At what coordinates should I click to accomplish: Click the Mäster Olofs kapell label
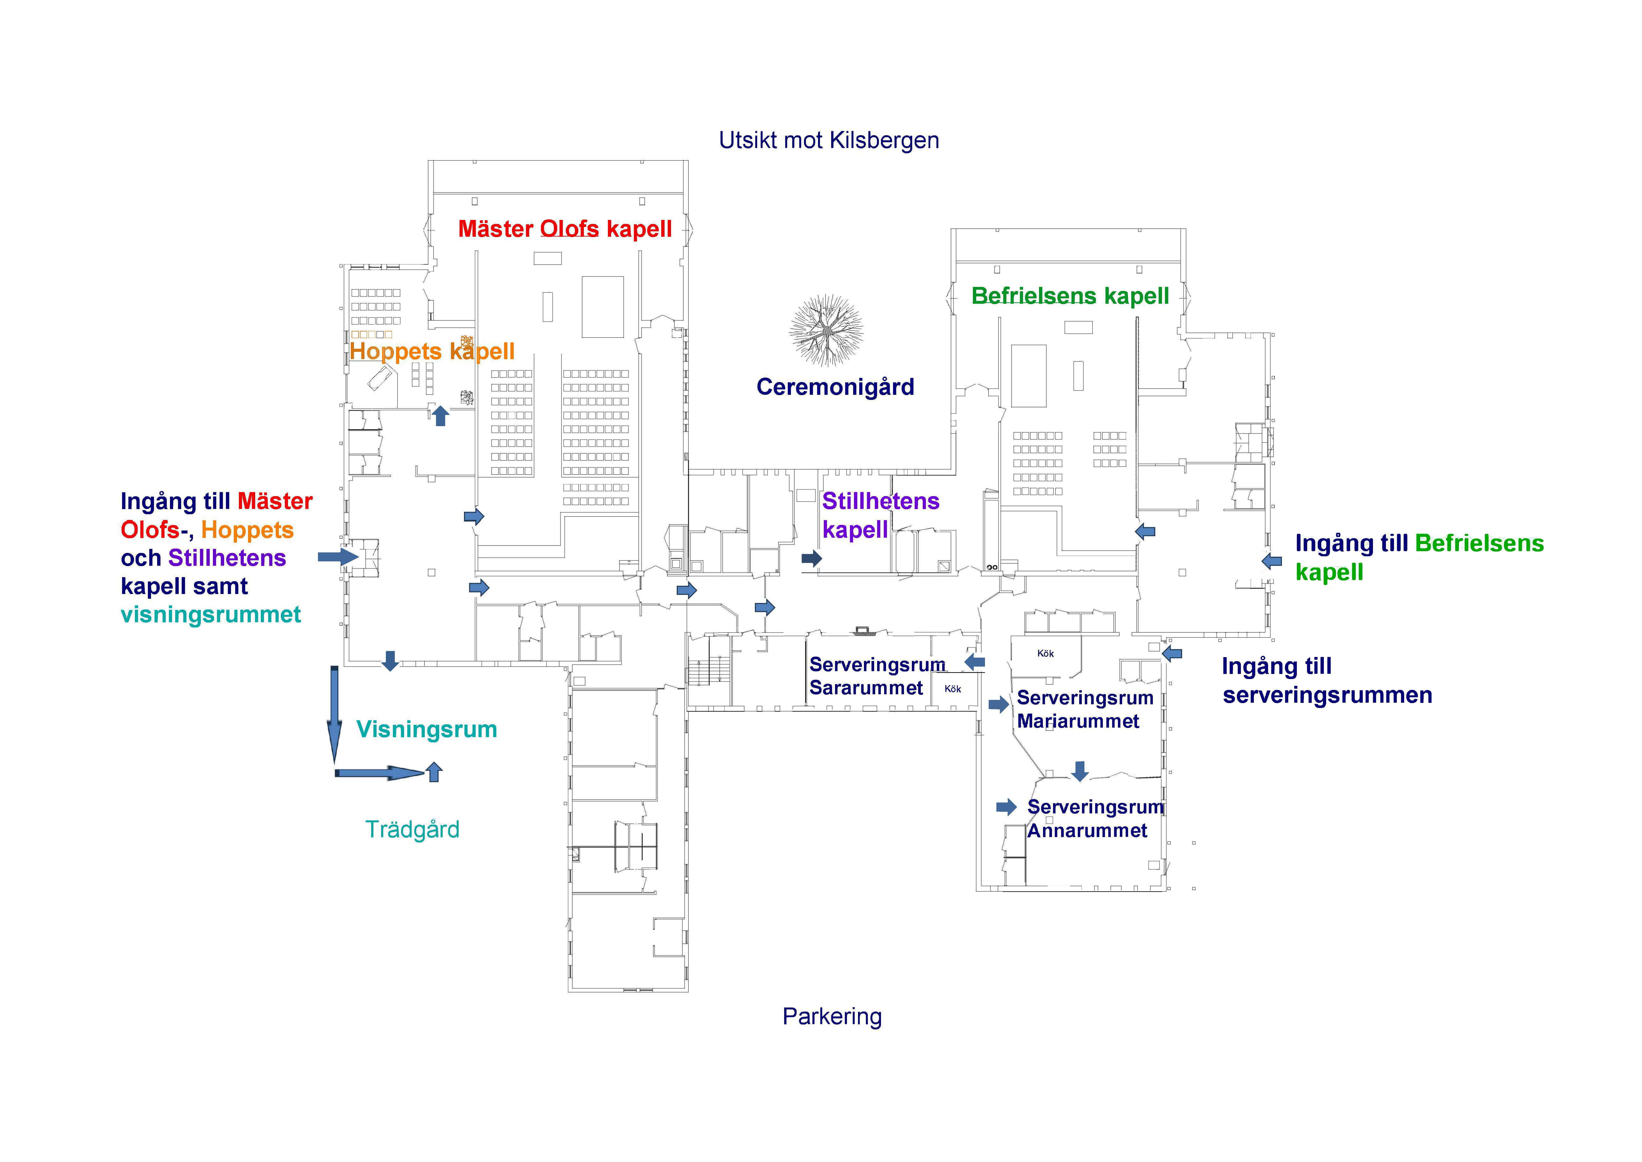565,229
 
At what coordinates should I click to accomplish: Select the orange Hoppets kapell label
431,351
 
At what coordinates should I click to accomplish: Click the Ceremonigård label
835,387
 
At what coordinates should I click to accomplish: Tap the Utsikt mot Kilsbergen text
829,140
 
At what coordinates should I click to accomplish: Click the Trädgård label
412,829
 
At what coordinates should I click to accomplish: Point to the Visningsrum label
426,729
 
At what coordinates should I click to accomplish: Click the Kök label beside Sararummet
952,689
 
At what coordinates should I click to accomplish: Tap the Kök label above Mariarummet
1045,653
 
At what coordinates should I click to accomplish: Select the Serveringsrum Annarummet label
1095,819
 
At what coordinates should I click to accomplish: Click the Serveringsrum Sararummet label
876,676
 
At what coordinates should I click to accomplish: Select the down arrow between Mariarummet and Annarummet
1080,771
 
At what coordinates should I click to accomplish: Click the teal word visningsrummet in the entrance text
210,615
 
